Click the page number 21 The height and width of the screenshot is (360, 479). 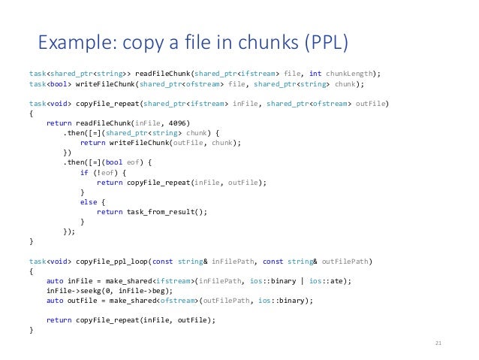[439, 343]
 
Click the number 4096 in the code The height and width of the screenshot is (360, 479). [179, 123]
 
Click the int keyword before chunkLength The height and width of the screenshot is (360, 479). [315, 74]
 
